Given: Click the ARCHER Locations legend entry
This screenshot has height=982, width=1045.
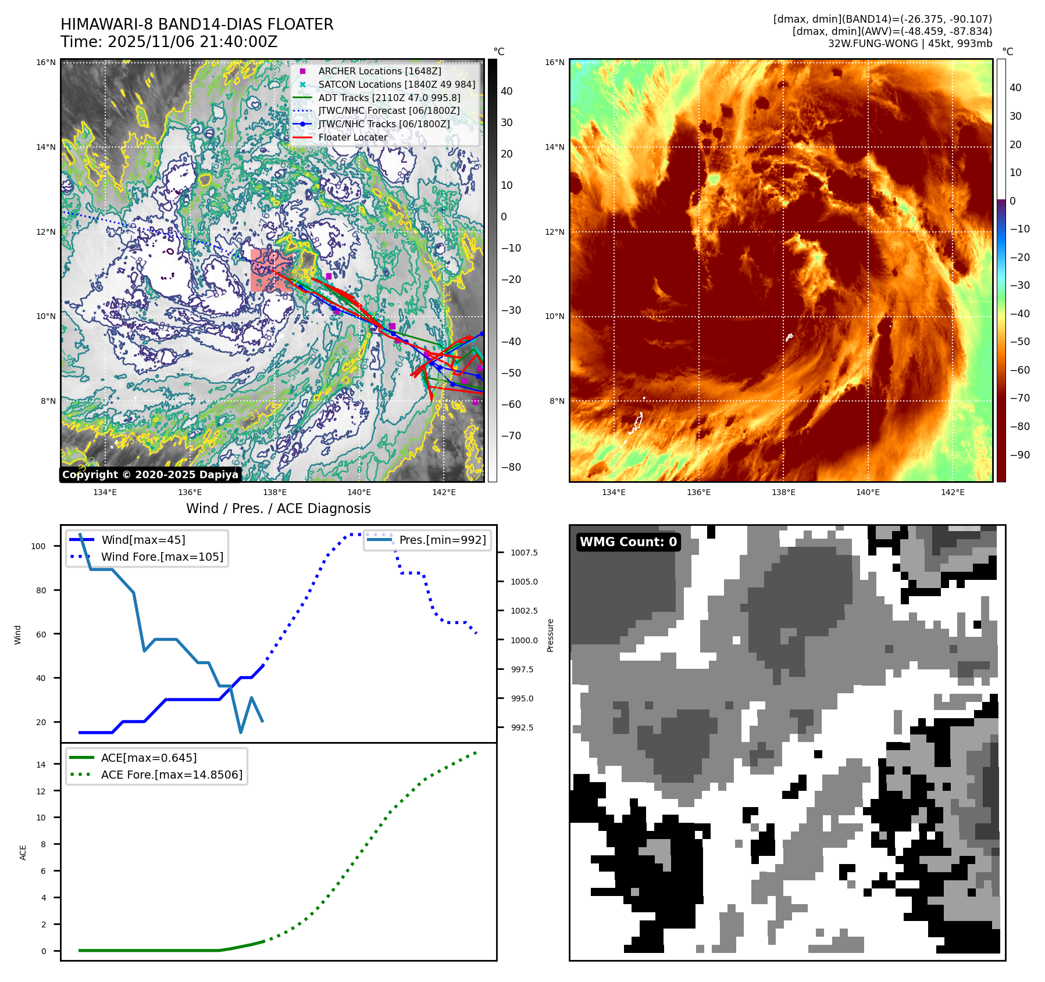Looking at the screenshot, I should [379, 71].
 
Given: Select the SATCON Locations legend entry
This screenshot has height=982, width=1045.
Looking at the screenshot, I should [396, 84].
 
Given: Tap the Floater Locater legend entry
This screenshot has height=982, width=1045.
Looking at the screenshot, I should [352, 137].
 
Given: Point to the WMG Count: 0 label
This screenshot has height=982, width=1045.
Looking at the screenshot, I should [628, 542].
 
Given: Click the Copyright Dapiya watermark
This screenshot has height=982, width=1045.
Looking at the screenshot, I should [150, 475].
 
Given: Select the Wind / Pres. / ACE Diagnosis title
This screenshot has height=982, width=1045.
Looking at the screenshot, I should [278, 508].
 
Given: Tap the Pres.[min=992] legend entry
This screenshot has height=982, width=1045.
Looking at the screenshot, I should [442, 540].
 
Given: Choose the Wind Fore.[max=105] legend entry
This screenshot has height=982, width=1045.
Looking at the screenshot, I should [162, 557].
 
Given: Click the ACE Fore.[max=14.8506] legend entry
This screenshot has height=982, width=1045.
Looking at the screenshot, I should [172, 775].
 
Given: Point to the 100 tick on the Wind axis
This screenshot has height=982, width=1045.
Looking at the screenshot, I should [38, 546].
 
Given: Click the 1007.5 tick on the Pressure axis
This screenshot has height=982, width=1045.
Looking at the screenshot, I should [524, 553].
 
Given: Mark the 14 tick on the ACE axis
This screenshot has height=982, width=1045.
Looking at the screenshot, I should [41, 765].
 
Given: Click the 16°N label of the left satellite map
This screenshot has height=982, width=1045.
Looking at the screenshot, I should [46, 63].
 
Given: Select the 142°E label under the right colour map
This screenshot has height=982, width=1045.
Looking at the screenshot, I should [953, 493].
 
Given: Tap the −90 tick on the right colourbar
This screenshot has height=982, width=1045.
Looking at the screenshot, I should [1019, 455].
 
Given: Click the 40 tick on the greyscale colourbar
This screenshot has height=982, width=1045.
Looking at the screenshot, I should [507, 91].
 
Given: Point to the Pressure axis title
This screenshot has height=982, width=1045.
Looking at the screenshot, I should [551, 635].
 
